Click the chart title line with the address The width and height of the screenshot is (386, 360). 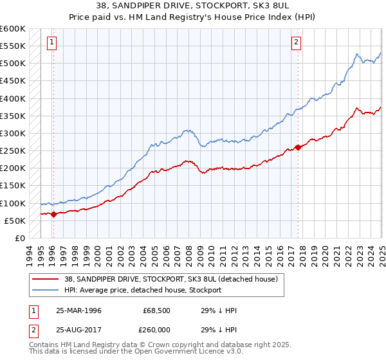click(193, 6)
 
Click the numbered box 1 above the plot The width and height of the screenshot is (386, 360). click(51, 43)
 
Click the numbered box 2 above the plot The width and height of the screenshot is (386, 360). click(295, 43)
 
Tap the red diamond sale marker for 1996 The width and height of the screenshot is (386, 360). click(53, 214)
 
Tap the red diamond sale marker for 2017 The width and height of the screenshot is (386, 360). click(297, 147)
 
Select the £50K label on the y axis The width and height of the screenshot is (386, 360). click(15, 221)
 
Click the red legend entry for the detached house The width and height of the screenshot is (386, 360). click(170, 279)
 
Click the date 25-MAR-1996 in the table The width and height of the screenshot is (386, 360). click(79, 310)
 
